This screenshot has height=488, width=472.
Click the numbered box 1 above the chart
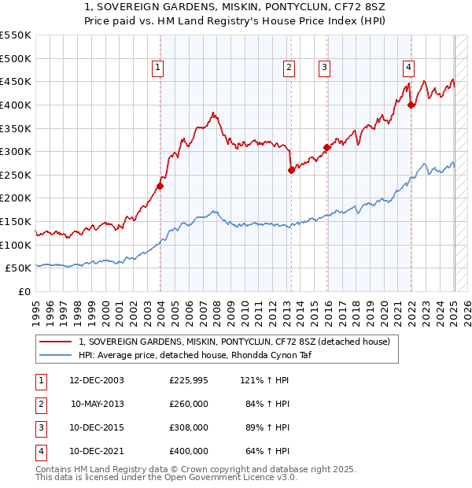158,68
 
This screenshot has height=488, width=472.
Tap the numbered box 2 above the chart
289,68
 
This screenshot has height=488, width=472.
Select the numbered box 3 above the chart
324,68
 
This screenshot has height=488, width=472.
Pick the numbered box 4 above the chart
409,68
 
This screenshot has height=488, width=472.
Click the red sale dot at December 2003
160,187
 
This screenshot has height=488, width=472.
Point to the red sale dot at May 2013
291,170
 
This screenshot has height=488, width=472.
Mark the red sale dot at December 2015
326,147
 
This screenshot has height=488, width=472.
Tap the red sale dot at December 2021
411,105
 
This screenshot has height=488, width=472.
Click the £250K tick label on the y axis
16,175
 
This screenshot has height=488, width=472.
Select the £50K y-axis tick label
19,268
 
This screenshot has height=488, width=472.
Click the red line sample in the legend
54,342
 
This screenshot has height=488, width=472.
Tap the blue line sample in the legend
54,355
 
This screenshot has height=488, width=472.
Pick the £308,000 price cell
189,428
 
